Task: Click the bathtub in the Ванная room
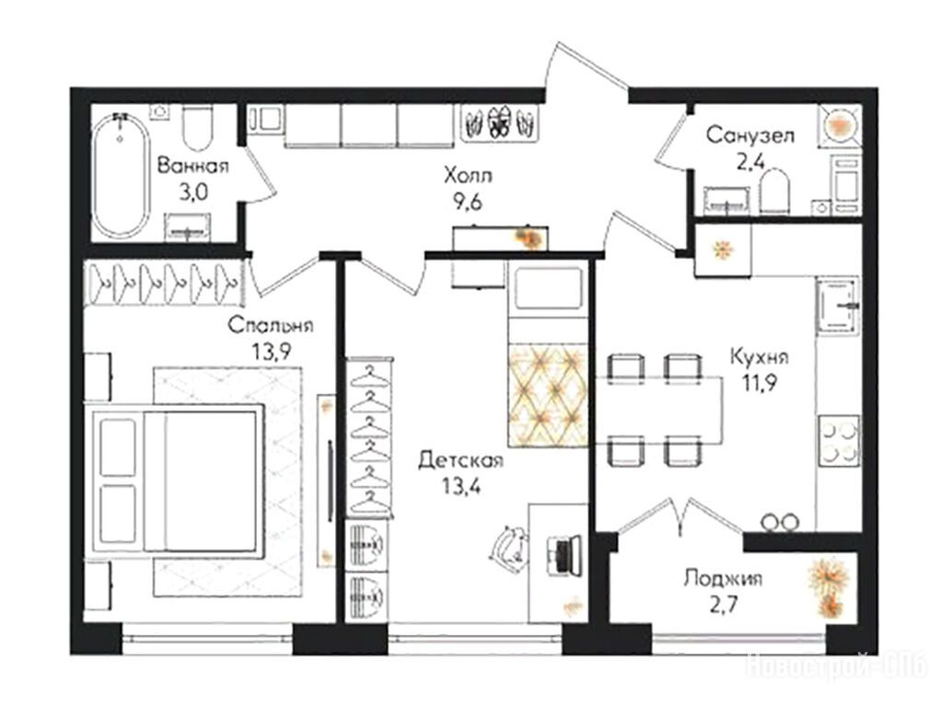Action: pyautogui.click(x=121, y=174)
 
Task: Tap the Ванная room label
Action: pyautogui.click(x=192, y=166)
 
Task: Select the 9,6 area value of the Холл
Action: pyautogui.click(x=468, y=203)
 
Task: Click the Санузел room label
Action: pyautogui.click(x=749, y=135)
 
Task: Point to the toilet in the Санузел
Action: pyautogui.click(x=774, y=191)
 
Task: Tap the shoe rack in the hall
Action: pyautogui.click(x=501, y=123)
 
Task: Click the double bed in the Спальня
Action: pyautogui.click(x=175, y=481)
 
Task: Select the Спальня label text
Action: pyautogui.click(x=270, y=325)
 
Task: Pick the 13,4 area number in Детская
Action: pyautogui.click(x=461, y=486)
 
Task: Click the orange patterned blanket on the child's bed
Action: pyautogui.click(x=547, y=395)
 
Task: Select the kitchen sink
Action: pyautogui.click(x=838, y=305)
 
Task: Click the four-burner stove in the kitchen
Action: pyautogui.click(x=839, y=441)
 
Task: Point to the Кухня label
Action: pyautogui.click(x=760, y=356)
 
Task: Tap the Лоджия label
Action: pyautogui.click(x=723, y=579)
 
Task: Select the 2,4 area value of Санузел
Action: pyautogui.click(x=750, y=161)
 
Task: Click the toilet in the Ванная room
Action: pyautogui.click(x=197, y=129)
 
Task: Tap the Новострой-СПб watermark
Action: pyautogui.click(x=836, y=666)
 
